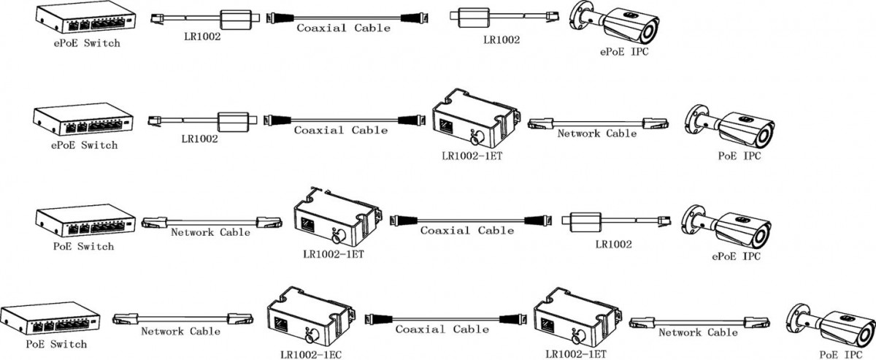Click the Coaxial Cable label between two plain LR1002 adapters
click(342, 28)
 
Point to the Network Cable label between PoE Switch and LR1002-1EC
click(180, 331)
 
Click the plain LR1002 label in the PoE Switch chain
click(612, 245)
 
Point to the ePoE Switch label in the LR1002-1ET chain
click(85, 145)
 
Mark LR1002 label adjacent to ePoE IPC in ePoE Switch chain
click(502, 41)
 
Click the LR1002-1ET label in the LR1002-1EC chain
click(575, 354)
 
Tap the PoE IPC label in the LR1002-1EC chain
click(836, 354)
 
